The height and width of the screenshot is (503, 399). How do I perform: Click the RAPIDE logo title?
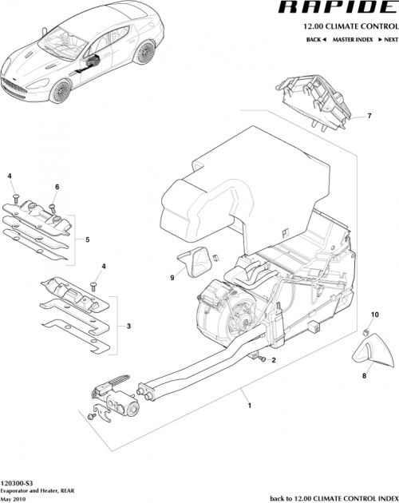335,9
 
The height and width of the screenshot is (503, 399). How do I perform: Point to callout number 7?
369,117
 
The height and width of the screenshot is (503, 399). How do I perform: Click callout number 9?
171,277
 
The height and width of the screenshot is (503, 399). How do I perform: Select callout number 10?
376,316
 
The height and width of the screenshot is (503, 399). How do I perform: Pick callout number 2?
273,360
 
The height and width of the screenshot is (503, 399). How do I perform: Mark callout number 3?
128,327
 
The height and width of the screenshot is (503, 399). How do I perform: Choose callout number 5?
86,238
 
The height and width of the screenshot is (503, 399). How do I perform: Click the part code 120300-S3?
17,483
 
